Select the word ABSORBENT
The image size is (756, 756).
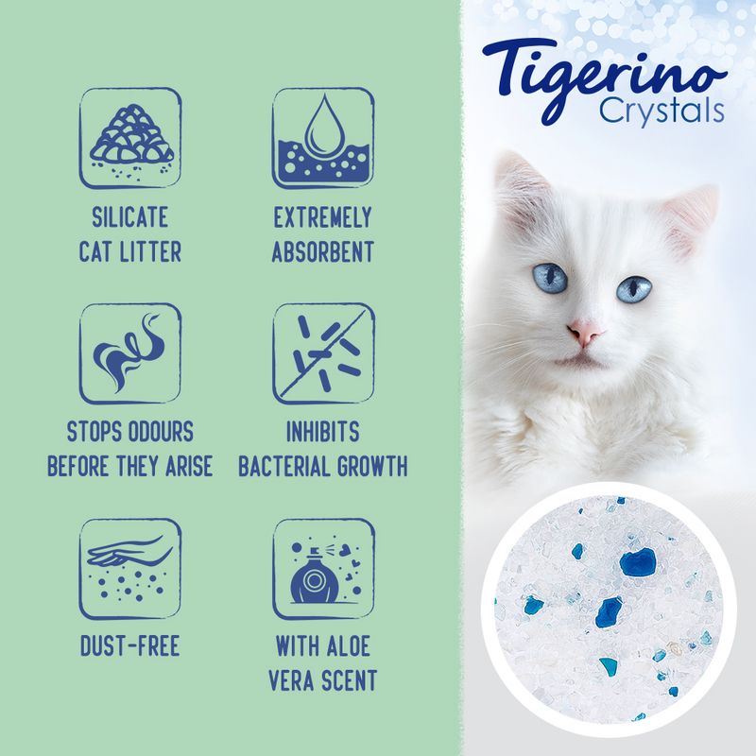(323, 253)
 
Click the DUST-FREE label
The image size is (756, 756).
(130, 648)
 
